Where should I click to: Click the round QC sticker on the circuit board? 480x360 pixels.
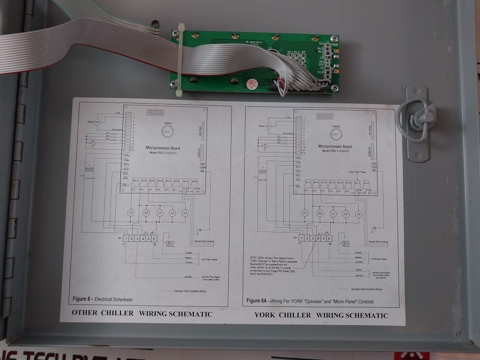click(x=250, y=83)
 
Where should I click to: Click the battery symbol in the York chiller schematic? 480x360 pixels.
click(x=336, y=133)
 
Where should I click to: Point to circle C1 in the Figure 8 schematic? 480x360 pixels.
click(x=132, y=213)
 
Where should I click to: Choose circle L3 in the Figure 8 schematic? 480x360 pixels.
click(x=185, y=214)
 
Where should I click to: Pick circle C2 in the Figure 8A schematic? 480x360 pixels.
click(x=320, y=214)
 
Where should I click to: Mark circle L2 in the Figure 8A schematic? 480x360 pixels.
click(x=345, y=214)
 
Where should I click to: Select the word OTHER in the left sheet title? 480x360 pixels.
click(x=84, y=313)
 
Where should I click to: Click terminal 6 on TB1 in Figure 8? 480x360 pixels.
click(x=154, y=240)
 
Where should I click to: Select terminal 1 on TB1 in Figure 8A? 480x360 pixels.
click(x=302, y=239)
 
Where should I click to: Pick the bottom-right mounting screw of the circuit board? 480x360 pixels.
click(x=334, y=88)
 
